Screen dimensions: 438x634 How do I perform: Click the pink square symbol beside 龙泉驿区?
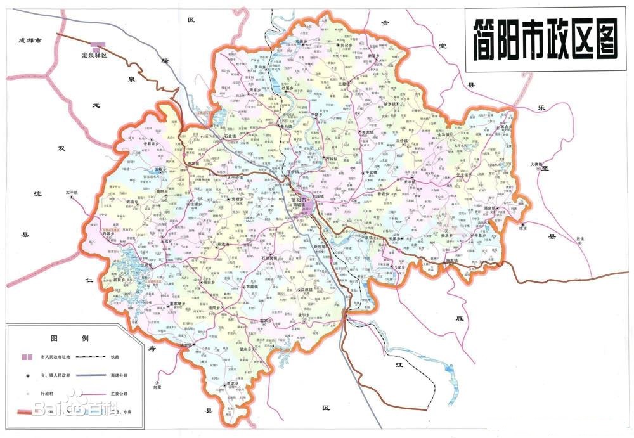97,46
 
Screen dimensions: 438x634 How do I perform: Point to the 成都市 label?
30,40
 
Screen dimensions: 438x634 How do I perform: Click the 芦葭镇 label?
252,286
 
